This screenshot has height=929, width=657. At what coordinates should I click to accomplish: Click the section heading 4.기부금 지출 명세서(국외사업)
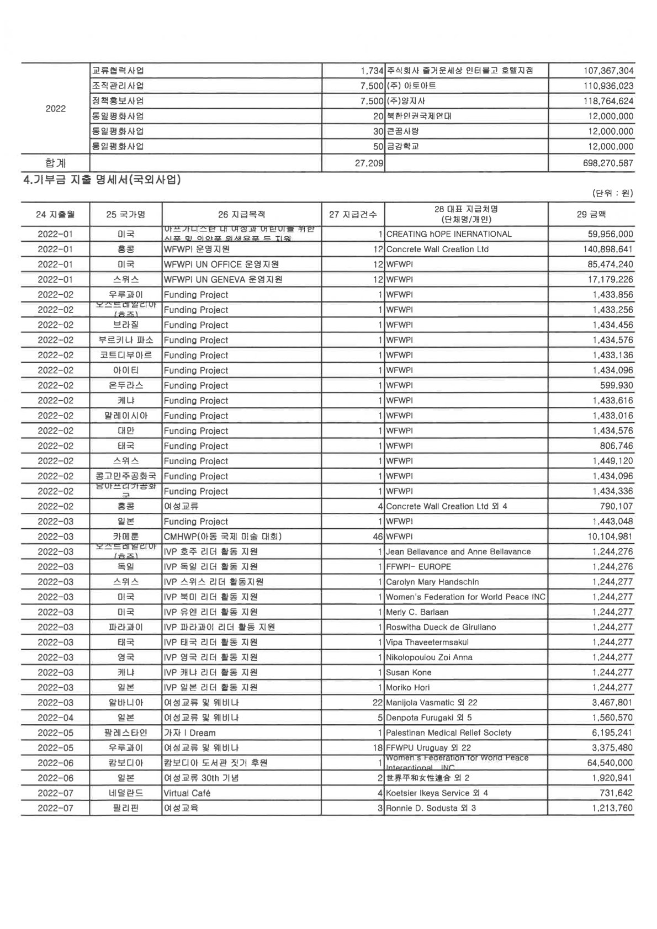click(103, 179)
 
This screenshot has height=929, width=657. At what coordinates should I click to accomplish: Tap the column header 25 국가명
click(126, 214)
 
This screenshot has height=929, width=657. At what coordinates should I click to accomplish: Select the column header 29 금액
click(591, 214)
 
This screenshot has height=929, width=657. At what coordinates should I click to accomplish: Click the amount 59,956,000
click(611, 234)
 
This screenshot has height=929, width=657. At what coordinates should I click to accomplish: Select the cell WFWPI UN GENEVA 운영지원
click(223, 279)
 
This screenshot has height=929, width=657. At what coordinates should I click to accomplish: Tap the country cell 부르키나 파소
click(126, 340)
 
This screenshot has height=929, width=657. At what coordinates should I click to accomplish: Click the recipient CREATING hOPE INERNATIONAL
click(449, 234)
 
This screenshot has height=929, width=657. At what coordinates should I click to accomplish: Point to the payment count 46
click(378, 537)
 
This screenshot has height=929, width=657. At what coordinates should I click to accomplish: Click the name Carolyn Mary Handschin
click(432, 582)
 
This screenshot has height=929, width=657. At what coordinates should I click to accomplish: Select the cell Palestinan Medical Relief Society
click(448, 732)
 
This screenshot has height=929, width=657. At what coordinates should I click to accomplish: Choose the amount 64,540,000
click(611, 763)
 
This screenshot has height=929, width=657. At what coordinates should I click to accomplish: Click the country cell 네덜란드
click(126, 793)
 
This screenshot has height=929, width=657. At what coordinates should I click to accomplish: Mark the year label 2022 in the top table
click(55, 109)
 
